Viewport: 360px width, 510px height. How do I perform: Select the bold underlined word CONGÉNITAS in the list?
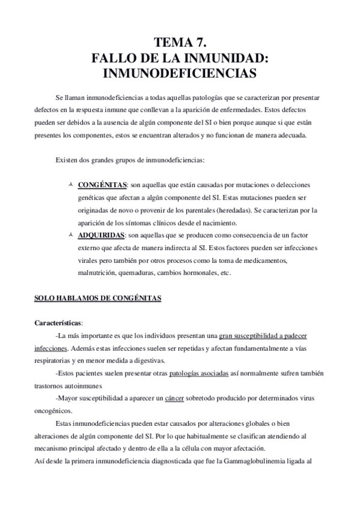click(102, 184)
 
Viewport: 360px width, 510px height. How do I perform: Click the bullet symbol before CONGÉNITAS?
click(71, 183)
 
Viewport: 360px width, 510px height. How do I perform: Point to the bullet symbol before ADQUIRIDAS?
click(71, 235)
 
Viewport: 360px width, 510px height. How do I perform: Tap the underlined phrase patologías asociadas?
click(199, 373)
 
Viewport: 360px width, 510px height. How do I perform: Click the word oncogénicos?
click(51, 411)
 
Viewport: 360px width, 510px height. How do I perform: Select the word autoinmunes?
click(84, 386)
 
